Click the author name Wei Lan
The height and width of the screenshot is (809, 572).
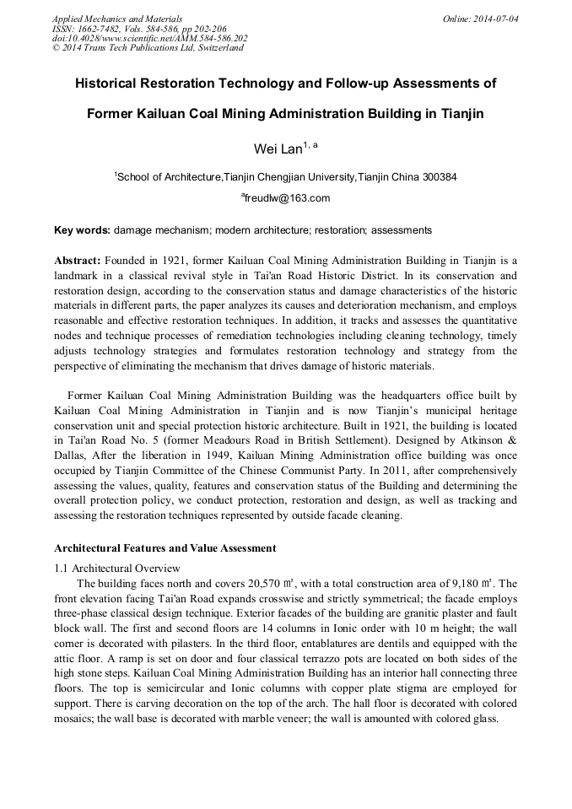pos(278,148)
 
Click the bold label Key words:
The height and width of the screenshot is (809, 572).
pos(82,230)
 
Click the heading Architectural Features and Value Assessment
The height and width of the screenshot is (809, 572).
pos(165,548)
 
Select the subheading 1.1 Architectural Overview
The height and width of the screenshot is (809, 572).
pos(116,567)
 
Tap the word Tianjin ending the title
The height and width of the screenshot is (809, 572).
pos(462,113)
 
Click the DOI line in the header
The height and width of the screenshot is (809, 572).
pos(149,38)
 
